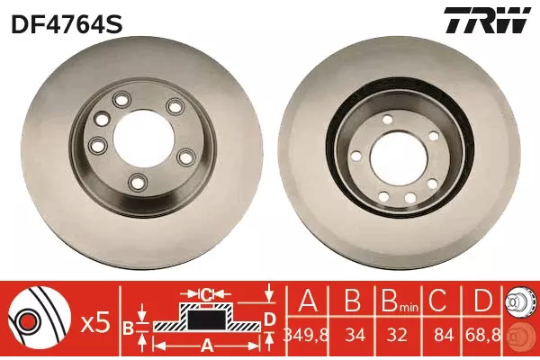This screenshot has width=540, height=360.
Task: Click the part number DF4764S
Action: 67,24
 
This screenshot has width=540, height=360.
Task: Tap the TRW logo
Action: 487,20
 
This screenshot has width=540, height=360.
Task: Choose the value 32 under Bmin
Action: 397,335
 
